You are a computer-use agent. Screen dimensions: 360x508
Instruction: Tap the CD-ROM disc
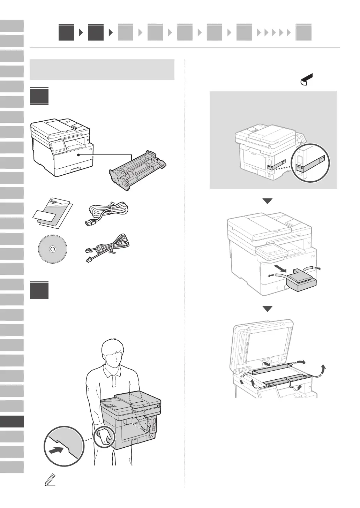(52, 249)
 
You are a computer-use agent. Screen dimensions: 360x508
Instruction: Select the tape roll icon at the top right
(306, 79)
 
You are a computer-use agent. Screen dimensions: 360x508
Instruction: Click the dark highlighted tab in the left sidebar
(12, 421)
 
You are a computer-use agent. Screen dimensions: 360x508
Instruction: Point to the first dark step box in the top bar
(66, 32)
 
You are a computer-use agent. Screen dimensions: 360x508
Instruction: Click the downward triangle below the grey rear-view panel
(267, 201)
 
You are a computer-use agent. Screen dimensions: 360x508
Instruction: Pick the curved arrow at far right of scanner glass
(324, 370)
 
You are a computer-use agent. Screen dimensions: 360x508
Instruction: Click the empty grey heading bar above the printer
(102, 70)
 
